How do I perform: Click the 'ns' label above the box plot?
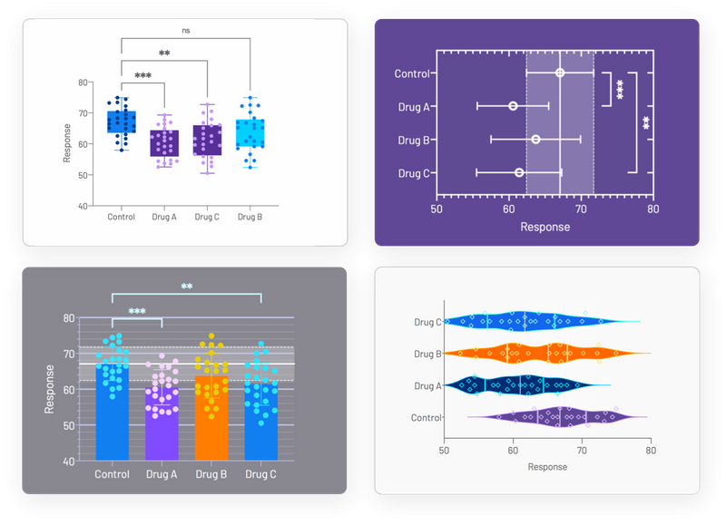click(186, 30)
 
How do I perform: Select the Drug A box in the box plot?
click(164, 143)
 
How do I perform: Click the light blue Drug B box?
click(250, 132)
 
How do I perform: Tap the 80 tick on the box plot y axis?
click(83, 83)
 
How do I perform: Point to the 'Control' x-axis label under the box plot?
click(121, 217)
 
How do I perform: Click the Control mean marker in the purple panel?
click(560, 73)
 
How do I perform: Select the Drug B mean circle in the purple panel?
click(535, 139)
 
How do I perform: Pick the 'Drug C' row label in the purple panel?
click(414, 172)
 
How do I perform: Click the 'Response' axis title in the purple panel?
click(544, 227)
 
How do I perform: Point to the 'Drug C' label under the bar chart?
click(260, 474)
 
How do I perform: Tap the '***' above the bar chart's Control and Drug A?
click(137, 311)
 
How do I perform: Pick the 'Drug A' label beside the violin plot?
click(427, 386)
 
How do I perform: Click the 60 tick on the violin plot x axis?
click(513, 449)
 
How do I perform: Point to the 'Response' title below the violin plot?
click(547, 467)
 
